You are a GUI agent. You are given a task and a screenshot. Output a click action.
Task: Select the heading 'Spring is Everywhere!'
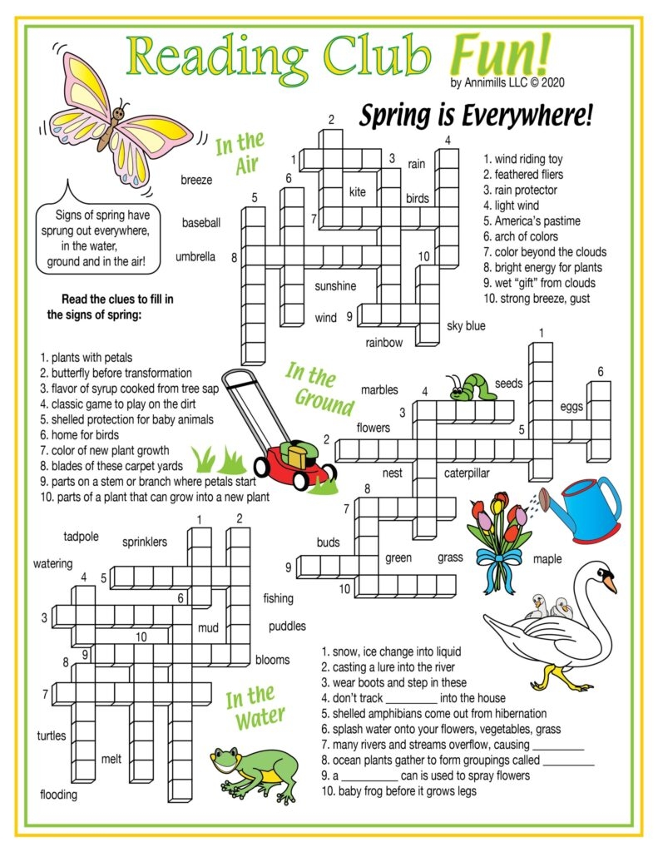point(476,117)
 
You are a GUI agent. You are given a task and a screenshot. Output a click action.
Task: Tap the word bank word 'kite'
point(357,192)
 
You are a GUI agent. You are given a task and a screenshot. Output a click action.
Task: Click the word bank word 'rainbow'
point(383,343)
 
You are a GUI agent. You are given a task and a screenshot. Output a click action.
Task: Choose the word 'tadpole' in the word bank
point(81,535)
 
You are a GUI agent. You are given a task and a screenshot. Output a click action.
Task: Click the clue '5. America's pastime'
point(532,221)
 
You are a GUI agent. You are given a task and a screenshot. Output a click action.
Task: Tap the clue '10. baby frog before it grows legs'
point(398,791)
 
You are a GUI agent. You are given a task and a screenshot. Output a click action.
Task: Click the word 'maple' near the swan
point(547,558)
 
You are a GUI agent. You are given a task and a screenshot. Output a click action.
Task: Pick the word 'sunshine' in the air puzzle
point(335,286)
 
